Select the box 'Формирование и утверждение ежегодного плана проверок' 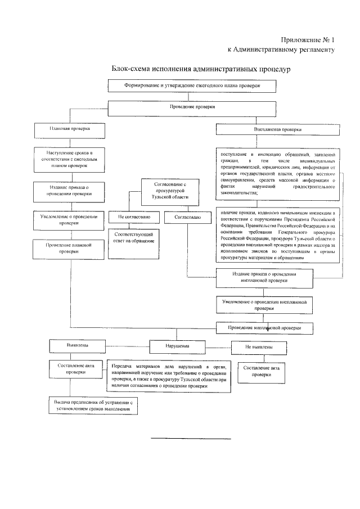[192, 86]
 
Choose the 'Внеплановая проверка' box [278, 129]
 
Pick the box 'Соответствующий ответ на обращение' [133, 241]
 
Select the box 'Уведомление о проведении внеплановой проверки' [264, 305]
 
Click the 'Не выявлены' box [259, 348]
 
